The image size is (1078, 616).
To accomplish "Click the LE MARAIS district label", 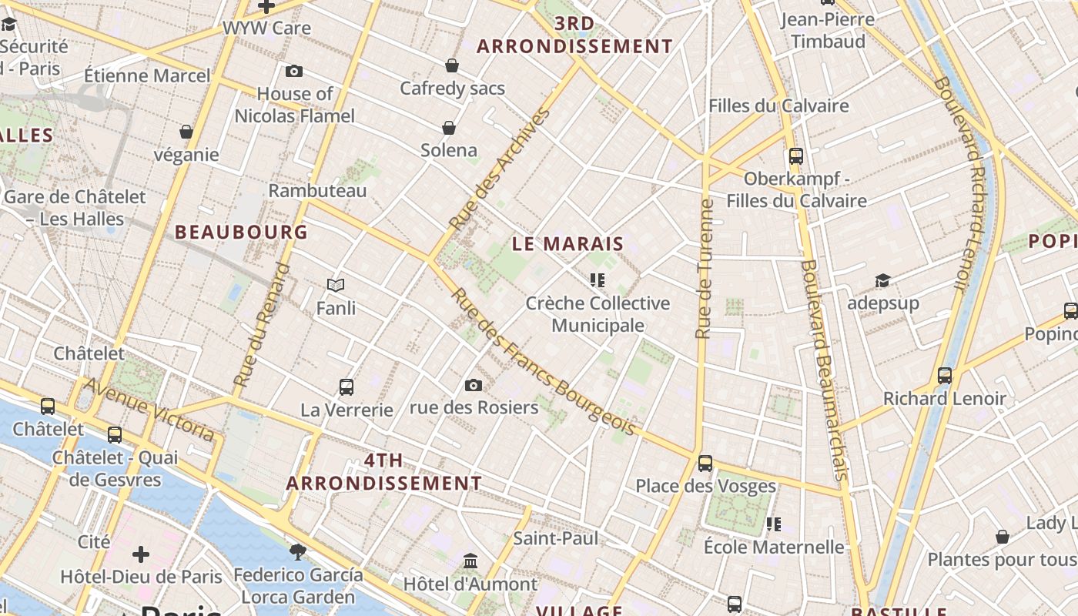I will pos(568,245).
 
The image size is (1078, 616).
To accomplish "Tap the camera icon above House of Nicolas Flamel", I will pos(293,72).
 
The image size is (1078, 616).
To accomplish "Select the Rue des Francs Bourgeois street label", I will pos(543,362).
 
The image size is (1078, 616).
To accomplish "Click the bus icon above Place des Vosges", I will pos(705,463).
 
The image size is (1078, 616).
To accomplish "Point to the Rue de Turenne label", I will pos(704,269).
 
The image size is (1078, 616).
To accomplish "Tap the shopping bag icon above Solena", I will pos(449,128).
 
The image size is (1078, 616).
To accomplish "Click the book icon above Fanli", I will pos(336,286).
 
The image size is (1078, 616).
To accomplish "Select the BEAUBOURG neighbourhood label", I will pos(241,232).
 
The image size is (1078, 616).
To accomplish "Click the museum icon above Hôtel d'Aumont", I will pos(470,561).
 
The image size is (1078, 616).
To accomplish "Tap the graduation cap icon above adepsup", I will pos(882,280).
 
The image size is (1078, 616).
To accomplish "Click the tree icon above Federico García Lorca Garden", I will pos(298,551).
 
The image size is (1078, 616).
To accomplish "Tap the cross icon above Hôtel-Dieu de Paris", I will pos(141,554).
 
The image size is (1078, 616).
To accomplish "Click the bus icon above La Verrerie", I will pos(346,387).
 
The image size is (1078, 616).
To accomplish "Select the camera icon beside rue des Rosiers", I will pos(474,385).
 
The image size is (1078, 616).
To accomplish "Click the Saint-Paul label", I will pos(555,538).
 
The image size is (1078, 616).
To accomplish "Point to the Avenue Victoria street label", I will pos(149,410).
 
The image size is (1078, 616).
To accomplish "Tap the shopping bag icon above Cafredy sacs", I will pos(452,66).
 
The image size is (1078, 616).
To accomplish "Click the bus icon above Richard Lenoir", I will pos(945,376).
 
